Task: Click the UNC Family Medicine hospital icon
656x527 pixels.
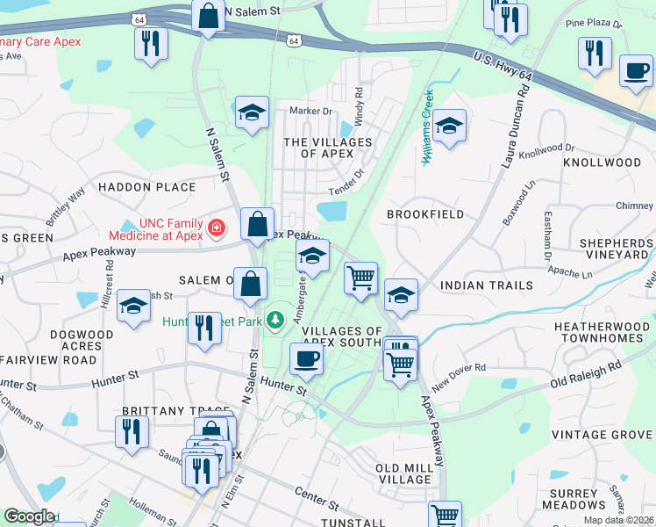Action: click(x=216, y=229)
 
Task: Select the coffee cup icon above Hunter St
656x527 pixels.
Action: click(x=306, y=358)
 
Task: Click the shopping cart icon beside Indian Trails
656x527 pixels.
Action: click(x=360, y=278)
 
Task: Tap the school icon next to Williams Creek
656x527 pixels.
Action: click(x=448, y=126)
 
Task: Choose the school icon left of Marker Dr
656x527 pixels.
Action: click(x=252, y=113)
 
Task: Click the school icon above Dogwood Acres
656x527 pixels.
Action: click(x=132, y=306)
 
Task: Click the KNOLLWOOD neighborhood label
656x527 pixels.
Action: click(x=603, y=162)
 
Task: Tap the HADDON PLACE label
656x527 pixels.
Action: click(x=146, y=187)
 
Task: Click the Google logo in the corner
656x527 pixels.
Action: click(x=29, y=516)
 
